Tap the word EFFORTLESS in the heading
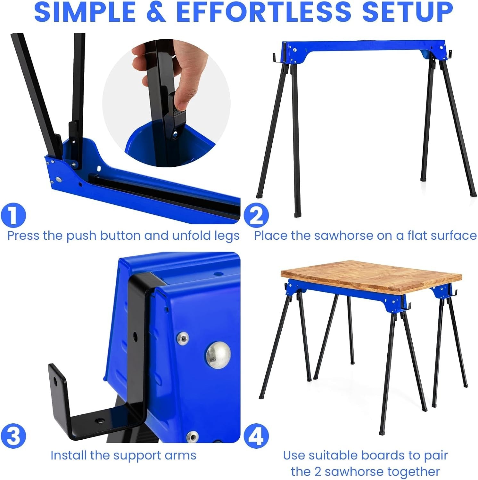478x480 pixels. [264, 12]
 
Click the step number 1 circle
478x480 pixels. [13, 215]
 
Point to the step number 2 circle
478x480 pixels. [256, 215]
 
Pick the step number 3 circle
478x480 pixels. [13, 436]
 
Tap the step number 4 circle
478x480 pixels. [256, 436]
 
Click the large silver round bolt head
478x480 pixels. [218, 355]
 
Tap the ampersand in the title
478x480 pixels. [156, 12]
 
